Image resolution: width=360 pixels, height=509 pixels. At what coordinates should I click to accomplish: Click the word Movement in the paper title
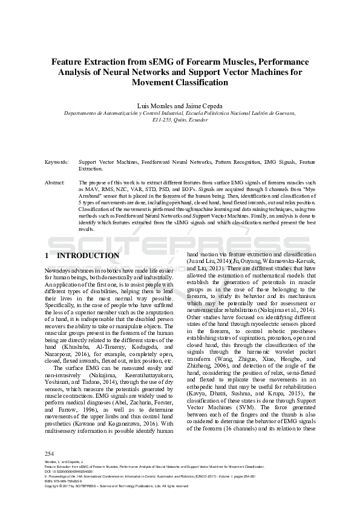[x=157, y=82]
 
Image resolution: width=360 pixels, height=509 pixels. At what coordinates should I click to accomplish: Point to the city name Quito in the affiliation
[x=173, y=120]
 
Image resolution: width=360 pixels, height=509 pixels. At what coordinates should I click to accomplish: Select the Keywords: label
[x=56, y=163]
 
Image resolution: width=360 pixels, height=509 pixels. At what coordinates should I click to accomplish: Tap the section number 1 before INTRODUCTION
[x=48, y=256]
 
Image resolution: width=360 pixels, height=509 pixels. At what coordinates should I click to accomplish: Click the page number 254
[x=50, y=453]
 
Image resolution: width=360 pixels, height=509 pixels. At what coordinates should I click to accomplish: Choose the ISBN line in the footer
[x=69, y=481]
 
